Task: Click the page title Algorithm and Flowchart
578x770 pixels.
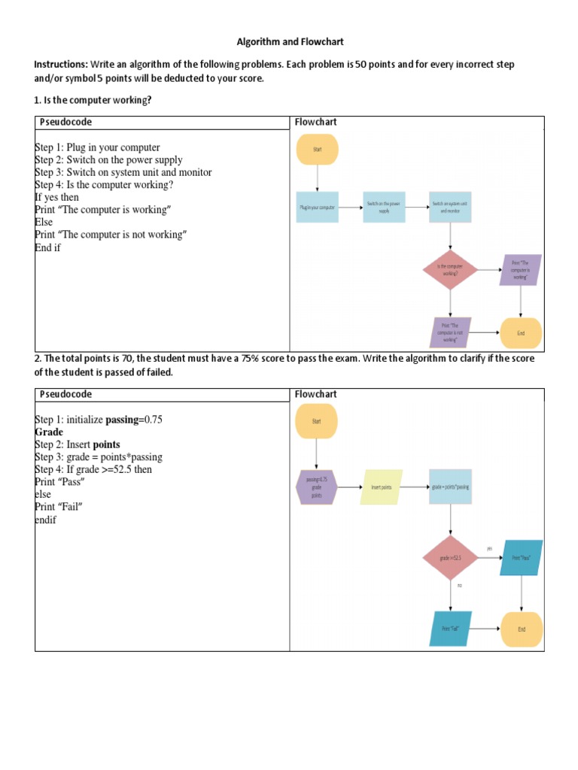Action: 290,43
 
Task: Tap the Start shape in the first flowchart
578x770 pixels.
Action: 318,150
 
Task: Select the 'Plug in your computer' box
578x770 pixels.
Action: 318,206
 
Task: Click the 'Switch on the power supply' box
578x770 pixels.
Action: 384,206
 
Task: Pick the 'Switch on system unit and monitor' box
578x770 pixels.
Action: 450,206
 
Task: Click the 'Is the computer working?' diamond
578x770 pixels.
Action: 450,270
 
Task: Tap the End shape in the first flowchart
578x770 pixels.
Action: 521,332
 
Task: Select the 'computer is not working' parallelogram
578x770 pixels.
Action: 450,332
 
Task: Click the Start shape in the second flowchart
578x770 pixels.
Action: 317,422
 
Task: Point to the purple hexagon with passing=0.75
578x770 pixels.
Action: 317,487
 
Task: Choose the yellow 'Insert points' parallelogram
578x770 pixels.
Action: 382,487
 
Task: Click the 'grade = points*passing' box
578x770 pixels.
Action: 450,487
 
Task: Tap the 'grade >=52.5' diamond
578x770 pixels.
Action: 450,557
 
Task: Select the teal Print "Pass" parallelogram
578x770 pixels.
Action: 521,557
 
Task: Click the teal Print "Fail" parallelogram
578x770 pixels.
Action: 450,629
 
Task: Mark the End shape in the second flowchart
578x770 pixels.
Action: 521,629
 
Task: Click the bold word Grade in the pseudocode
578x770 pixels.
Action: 49,432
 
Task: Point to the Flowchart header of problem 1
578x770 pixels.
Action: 315,122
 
